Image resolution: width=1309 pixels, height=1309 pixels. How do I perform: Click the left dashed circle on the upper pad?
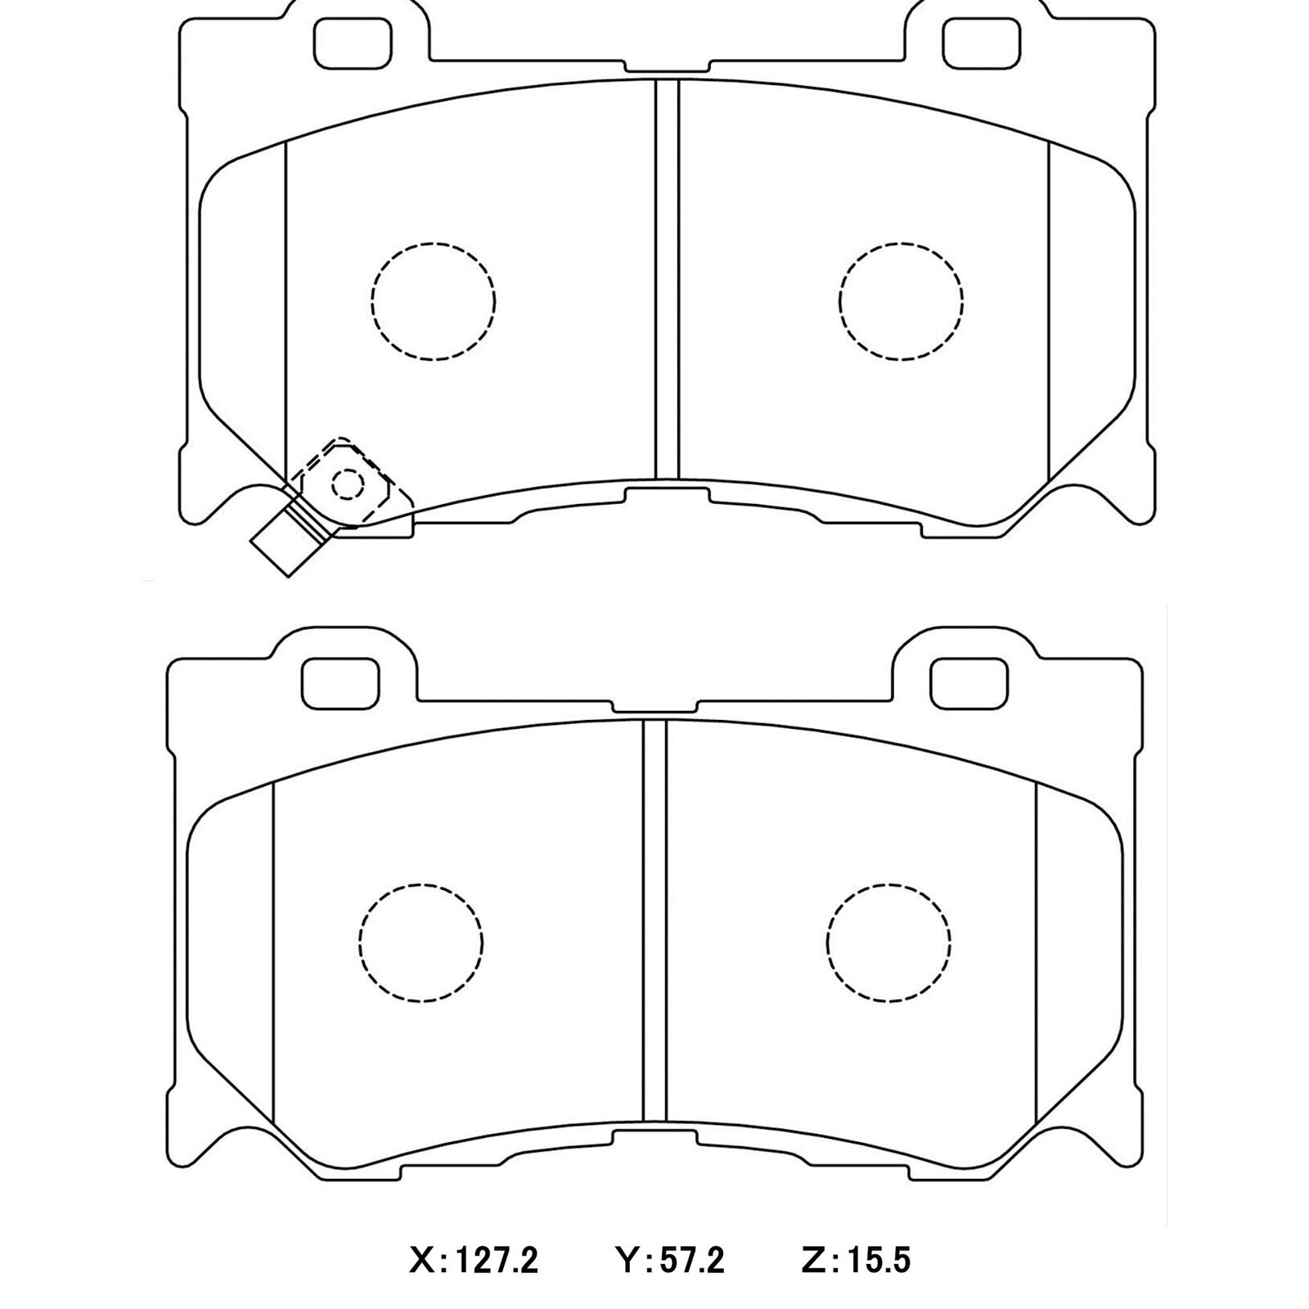433,300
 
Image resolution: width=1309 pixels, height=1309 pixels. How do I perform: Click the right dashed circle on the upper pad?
901,300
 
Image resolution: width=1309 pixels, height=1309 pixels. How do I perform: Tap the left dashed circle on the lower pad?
421,942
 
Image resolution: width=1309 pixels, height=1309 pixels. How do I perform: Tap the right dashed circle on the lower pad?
888,942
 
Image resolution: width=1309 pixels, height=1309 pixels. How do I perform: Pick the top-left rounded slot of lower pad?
341,683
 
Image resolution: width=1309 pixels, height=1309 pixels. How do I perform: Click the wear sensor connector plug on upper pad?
283,543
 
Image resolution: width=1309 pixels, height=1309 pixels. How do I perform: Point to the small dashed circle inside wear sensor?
347,485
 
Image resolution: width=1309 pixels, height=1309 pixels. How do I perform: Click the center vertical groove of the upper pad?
667,278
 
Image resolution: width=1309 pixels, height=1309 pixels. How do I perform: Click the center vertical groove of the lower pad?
654,920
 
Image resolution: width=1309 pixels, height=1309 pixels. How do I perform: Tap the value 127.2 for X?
497,1261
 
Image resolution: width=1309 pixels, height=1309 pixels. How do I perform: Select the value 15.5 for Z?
878,1261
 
